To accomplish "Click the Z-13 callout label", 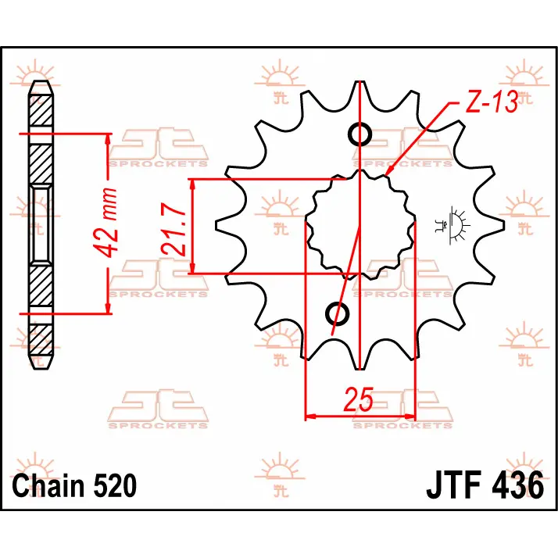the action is click(x=492, y=102).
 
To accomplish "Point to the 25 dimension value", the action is click(x=359, y=399).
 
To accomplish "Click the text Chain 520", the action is click(x=74, y=485).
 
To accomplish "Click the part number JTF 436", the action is click(x=485, y=485).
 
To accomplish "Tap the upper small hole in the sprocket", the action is click(x=359, y=134).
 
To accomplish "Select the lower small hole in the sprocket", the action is click(x=337, y=313).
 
